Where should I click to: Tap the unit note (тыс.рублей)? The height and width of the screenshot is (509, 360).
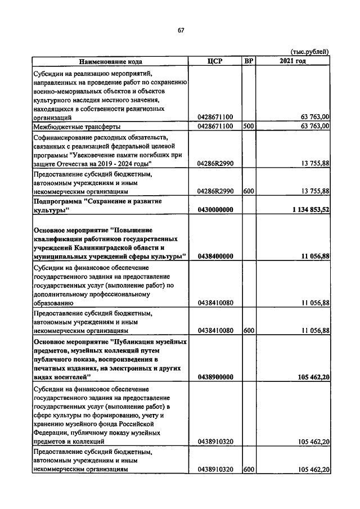pos(309,52)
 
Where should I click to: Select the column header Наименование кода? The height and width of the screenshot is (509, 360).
pos(110,61)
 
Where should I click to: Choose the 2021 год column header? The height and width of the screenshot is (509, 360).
pos(292,61)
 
